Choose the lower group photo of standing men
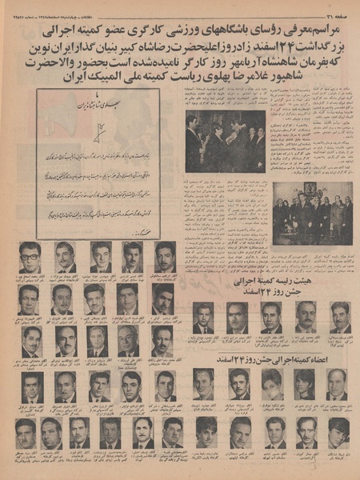click(311, 212)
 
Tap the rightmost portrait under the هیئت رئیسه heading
click(340, 316)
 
